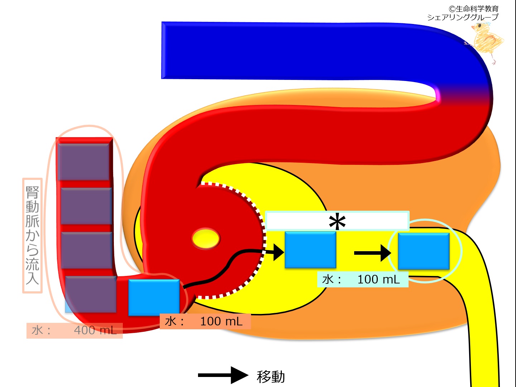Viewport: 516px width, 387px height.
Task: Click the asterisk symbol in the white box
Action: (x=337, y=222)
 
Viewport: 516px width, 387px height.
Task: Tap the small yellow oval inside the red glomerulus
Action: (x=206, y=238)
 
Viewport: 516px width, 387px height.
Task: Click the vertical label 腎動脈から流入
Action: (x=32, y=235)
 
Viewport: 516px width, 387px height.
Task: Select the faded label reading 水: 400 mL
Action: (x=74, y=330)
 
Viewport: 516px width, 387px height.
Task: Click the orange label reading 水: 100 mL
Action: (x=205, y=321)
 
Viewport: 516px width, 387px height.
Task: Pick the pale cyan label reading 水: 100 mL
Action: (x=362, y=279)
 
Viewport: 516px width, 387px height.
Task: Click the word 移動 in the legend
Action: (x=271, y=377)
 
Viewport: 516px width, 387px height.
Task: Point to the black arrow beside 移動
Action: (x=223, y=375)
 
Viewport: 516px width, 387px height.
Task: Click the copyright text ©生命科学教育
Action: (x=473, y=9)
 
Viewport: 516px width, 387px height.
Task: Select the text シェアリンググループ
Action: (x=463, y=17)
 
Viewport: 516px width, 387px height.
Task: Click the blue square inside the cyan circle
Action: (x=424, y=251)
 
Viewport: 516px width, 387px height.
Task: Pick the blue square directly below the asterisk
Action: (x=310, y=250)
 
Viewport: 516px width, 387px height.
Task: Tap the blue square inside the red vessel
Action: (x=154, y=297)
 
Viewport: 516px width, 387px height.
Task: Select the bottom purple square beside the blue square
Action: (x=91, y=294)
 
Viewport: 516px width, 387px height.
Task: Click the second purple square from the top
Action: (x=86, y=206)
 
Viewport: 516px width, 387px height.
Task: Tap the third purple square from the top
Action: (x=87, y=250)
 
